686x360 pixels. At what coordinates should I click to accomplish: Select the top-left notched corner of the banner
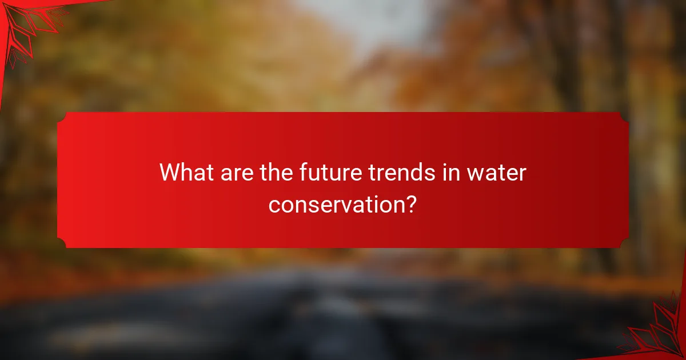point(62,117)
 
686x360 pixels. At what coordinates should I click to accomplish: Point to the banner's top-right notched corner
point(624,117)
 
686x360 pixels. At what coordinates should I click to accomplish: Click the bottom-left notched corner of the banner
point(62,243)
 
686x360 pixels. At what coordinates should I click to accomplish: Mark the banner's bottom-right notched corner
point(624,243)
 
